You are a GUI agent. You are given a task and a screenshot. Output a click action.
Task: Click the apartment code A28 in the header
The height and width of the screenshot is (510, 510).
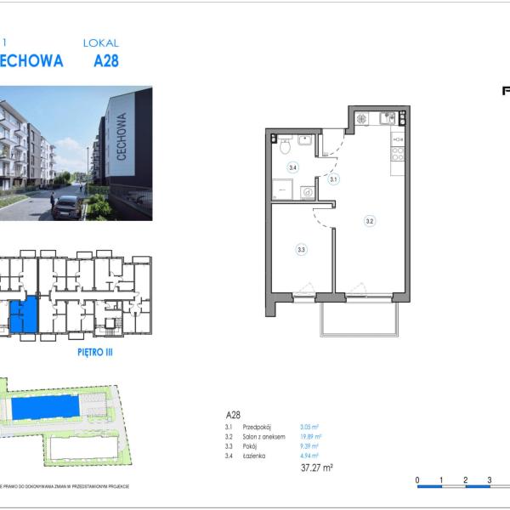pyautogui.click(x=100, y=61)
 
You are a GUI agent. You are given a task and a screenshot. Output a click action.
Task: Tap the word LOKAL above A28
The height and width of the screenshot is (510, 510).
pyautogui.click(x=100, y=42)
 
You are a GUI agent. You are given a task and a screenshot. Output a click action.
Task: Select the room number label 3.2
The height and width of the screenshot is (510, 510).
pyautogui.click(x=370, y=221)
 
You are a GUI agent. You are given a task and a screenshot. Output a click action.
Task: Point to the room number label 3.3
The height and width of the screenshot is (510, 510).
pyautogui.click(x=301, y=249)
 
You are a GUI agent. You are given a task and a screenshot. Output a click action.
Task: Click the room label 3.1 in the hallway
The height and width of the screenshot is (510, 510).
pyautogui.click(x=334, y=179)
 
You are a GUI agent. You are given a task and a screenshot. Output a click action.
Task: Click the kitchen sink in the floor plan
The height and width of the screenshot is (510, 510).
pyautogui.click(x=388, y=119)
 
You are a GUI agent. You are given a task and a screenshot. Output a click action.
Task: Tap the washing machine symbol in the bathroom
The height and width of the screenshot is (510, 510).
pyautogui.click(x=307, y=192)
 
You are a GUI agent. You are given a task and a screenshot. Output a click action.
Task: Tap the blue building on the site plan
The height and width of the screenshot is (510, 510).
pyautogui.click(x=47, y=409)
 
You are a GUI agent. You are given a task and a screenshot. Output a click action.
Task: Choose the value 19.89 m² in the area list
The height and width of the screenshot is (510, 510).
pyautogui.click(x=311, y=436)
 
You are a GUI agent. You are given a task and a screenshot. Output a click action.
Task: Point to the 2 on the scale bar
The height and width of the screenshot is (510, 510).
pyautogui.click(x=465, y=480)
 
